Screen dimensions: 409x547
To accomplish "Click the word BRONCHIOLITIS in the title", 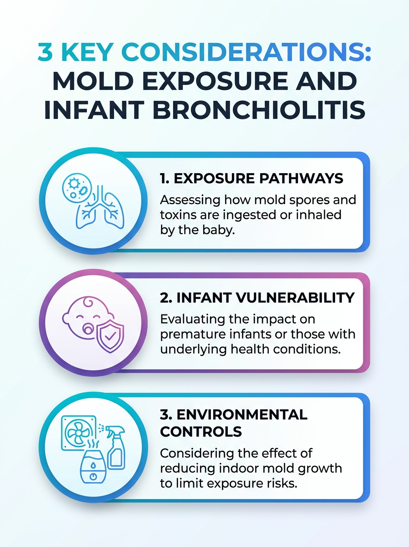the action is tap(259, 110).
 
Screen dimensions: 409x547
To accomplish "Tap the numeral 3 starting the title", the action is tap(45, 52).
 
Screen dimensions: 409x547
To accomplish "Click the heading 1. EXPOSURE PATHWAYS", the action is tap(252, 178).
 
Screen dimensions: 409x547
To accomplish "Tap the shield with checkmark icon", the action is tap(110, 337).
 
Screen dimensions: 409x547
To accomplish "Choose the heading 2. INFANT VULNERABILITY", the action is tap(257, 298).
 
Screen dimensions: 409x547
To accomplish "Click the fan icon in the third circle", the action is tap(79, 433).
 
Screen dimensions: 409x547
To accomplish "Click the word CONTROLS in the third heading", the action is tap(201, 431).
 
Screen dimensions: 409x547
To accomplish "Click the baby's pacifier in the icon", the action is tap(87, 329).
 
